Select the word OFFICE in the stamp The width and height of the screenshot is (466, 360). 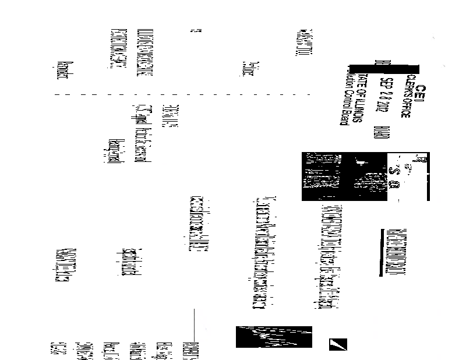click(x=407, y=105)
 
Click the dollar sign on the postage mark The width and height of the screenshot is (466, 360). click(x=397, y=172)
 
